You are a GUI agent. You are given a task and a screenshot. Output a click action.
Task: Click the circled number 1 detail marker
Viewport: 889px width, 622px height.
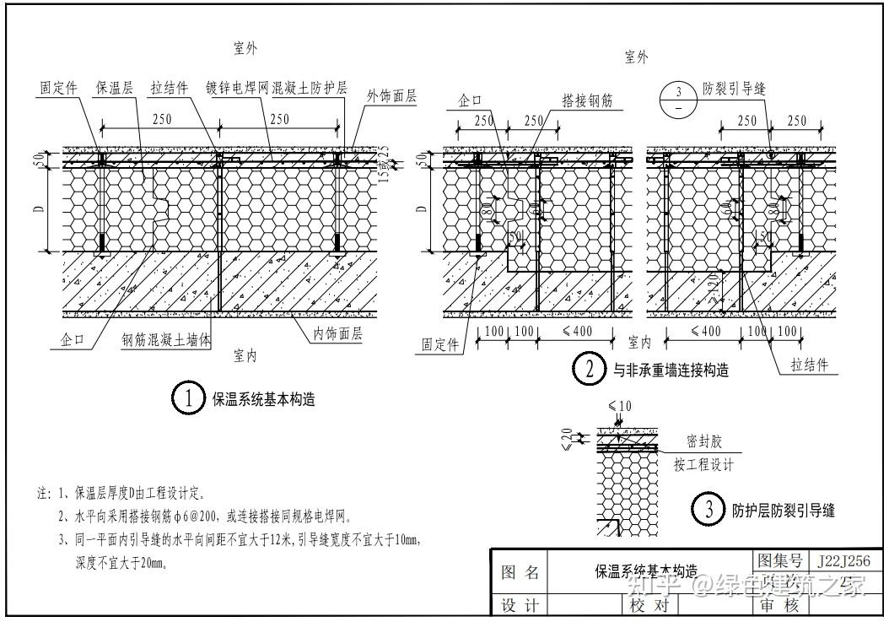click(x=189, y=398)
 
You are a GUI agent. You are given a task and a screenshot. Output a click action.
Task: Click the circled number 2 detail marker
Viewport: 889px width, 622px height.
click(x=589, y=368)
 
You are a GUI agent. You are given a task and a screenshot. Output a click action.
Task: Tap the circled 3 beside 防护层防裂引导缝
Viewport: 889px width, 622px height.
click(x=709, y=509)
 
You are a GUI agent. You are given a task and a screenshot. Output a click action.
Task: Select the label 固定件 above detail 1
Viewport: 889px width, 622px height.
click(x=59, y=88)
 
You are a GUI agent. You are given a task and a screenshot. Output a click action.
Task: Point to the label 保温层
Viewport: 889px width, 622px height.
click(x=112, y=88)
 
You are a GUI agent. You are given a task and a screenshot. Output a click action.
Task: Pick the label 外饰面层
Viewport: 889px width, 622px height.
click(x=391, y=96)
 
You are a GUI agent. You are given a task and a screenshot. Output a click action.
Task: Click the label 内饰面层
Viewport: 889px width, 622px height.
click(x=337, y=334)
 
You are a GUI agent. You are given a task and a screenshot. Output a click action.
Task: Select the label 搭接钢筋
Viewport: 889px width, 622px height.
click(x=587, y=101)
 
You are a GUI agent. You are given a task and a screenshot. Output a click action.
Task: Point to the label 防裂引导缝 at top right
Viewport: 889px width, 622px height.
click(x=735, y=88)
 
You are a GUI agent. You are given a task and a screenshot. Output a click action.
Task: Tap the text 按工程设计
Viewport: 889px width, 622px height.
click(x=703, y=464)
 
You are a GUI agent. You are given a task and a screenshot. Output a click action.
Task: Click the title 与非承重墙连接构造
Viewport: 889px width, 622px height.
click(x=671, y=369)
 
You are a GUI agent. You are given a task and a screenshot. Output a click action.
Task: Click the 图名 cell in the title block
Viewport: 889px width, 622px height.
click(x=520, y=572)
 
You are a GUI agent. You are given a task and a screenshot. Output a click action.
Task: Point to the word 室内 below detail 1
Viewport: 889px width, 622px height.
click(x=245, y=356)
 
